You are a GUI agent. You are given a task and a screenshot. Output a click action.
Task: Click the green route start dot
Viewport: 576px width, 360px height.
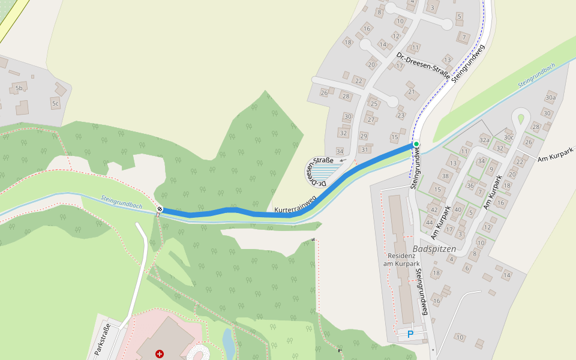(x=416, y=145)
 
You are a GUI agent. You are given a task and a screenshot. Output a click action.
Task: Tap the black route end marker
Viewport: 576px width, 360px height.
(x=160, y=209)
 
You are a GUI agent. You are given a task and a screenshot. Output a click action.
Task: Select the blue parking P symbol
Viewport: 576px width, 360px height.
(x=410, y=334)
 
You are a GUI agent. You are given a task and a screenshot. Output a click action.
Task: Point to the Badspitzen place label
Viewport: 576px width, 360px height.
(x=434, y=248)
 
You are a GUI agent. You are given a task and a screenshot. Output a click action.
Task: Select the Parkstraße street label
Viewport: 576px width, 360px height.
(x=103, y=340)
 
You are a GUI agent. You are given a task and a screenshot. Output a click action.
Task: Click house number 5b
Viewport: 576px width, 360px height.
(x=19, y=88)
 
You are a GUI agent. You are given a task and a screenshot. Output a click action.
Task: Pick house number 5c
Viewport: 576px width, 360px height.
(x=55, y=104)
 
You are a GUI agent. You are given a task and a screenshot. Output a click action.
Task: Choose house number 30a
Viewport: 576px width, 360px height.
(x=550, y=97)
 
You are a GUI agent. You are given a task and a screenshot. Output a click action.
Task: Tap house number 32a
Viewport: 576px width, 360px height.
(x=484, y=139)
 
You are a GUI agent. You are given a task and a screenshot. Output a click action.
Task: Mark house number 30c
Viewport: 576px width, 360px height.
(x=509, y=137)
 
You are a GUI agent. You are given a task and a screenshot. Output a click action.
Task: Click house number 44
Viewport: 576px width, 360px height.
(x=429, y=222)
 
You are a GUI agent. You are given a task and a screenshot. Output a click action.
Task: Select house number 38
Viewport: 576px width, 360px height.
(x=445, y=176)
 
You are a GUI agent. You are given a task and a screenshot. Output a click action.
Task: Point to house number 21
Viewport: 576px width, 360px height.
(x=411, y=92)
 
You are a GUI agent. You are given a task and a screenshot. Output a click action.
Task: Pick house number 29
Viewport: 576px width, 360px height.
(x=364, y=136)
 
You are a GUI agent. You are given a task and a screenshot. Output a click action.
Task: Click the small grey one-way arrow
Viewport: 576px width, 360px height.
(x=342, y=161)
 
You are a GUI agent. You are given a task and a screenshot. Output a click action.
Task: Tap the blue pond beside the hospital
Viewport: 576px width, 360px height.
(x=229, y=343)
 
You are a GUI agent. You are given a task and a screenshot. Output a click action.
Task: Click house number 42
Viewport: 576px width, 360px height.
(x=434, y=209)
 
